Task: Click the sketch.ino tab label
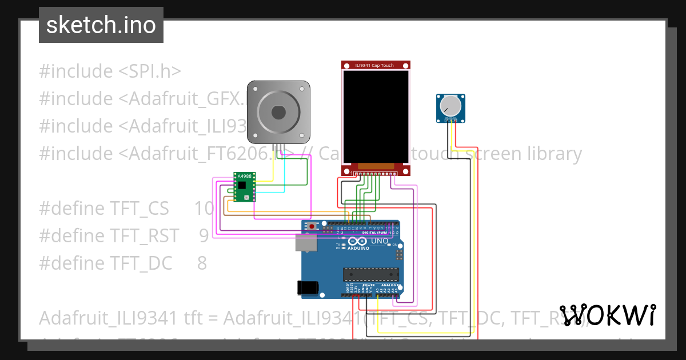coord(101,25)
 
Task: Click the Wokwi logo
coord(607,315)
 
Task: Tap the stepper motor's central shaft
coord(278,112)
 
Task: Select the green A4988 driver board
coord(245,187)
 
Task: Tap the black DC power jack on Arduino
coord(307,288)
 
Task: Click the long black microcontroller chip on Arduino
coord(370,274)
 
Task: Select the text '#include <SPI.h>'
coord(110,71)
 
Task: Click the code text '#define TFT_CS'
coord(104,209)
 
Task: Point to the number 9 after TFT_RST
coord(204,236)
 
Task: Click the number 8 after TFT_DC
coord(202,263)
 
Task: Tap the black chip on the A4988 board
coord(243,185)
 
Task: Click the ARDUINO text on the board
coord(359,248)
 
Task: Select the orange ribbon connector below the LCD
coord(376,166)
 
